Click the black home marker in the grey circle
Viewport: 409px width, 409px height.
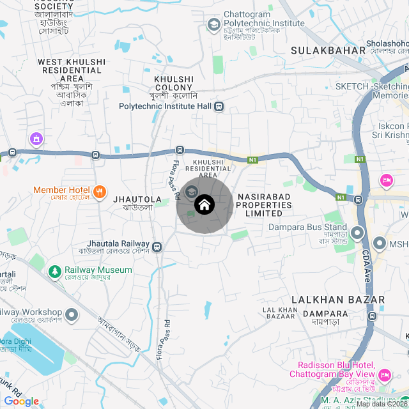(x=204, y=204)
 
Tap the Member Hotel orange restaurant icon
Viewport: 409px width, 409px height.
(x=99, y=190)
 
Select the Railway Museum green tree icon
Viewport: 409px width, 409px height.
(x=56, y=270)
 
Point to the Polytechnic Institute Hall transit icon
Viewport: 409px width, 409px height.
(x=219, y=106)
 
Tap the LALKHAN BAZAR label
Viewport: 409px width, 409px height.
(x=338, y=300)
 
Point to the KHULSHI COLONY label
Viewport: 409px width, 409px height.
(x=174, y=83)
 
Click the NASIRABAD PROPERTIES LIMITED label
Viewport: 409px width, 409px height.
(x=264, y=205)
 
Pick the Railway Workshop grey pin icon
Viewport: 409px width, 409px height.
(x=72, y=314)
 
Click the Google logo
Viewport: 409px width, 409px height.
(x=21, y=401)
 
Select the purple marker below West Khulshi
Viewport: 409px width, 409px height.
(x=36, y=138)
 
